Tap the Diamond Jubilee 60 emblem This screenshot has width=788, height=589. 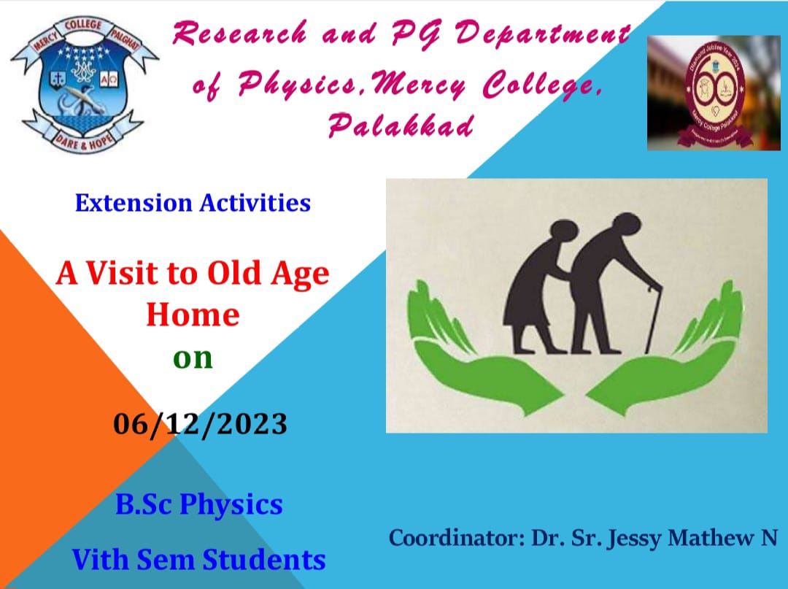714,93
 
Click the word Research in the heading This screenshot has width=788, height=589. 240,34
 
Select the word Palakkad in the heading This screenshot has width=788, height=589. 401,125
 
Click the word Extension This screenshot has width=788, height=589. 134,203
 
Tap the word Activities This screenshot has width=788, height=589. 255,203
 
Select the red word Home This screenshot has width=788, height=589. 193,315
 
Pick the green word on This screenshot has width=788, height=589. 193,358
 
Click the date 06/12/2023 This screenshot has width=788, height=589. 200,423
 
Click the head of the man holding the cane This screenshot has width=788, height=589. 627,224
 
